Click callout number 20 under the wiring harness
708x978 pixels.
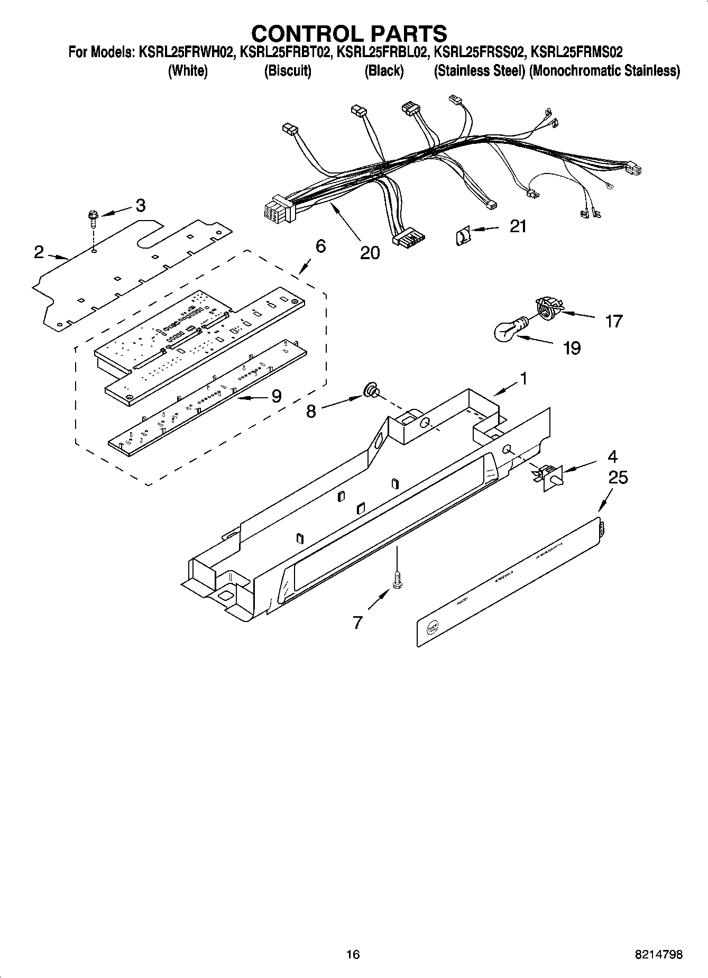370,253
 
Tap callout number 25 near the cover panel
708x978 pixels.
618,478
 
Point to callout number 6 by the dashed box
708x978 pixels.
320,246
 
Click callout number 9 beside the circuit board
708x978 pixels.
276,396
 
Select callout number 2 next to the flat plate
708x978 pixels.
39,252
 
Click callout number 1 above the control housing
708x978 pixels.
523,378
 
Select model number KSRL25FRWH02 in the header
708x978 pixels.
186,52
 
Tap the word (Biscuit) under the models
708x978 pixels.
288,71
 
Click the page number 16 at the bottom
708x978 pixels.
353,954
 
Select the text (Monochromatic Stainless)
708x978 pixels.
604,71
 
